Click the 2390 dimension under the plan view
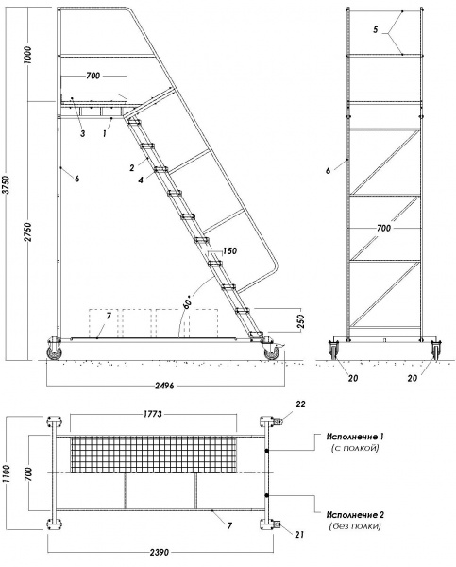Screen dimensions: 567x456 (161, 551)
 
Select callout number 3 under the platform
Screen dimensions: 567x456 (83, 135)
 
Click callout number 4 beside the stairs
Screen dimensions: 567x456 (138, 180)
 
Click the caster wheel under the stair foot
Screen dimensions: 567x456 (273, 352)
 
